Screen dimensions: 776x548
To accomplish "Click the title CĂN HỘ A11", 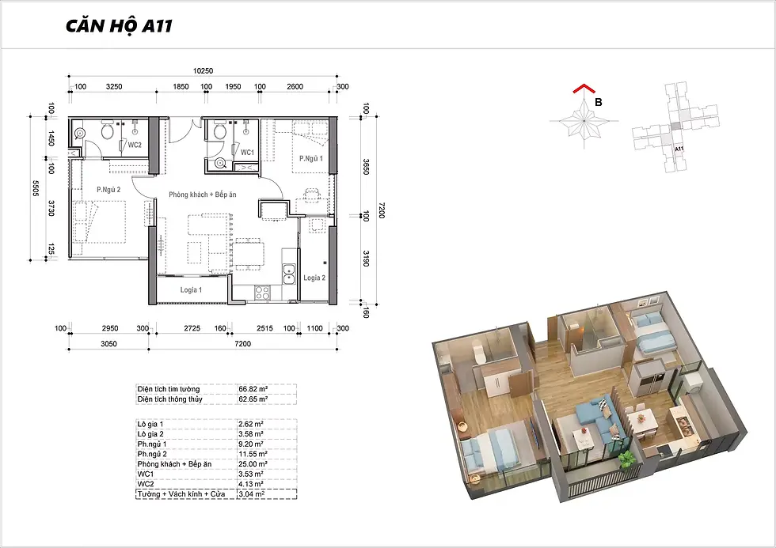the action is (x=119, y=26).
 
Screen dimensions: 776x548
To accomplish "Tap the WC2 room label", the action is (x=135, y=146).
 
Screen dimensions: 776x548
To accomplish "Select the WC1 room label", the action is (x=247, y=153).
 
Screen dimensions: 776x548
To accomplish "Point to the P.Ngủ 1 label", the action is (x=310, y=159).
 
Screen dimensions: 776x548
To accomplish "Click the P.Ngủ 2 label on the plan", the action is (x=108, y=189).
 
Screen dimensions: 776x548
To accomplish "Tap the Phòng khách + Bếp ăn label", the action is (x=203, y=195).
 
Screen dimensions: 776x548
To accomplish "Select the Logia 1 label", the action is (x=191, y=290).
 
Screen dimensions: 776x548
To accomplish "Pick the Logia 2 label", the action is (x=314, y=278).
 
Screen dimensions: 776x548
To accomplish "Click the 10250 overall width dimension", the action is (x=203, y=70).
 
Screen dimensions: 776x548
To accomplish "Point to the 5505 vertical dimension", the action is (x=35, y=188).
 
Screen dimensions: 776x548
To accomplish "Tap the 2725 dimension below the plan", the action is (x=192, y=328).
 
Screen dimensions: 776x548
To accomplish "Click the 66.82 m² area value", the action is (x=253, y=389).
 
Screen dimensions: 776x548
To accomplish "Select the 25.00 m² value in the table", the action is (x=253, y=464).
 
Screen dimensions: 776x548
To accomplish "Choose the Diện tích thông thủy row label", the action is (x=169, y=399).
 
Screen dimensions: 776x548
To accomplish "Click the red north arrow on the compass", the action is (x=584, y=88).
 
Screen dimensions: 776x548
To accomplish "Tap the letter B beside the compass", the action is (x=599, y=102).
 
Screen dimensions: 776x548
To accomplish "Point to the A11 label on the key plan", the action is (x=679, y=148).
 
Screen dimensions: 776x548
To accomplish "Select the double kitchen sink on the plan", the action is (x=288, y=274).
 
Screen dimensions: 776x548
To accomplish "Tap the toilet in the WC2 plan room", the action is (x=107, y=130).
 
